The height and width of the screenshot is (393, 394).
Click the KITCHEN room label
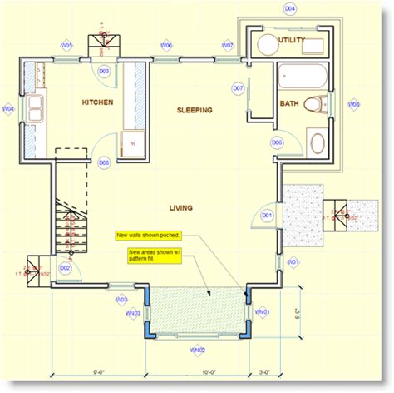tap(97, 102)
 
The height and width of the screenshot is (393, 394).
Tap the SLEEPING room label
tap(195, 110)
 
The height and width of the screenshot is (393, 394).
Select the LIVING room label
tap(181, 208)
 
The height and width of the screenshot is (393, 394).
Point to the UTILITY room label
tap(292, 40)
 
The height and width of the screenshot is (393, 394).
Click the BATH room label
tap(289, 104)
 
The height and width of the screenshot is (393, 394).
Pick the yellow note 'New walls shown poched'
tap(149, 236)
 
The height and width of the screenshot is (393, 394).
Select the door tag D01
tap(268, 216)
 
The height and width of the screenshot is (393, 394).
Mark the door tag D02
tap(65, 268)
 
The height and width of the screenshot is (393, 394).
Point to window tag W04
tap(8, 109)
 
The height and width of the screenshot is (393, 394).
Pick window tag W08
tap(353, 105)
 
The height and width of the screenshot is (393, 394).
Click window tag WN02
tap(198, 350)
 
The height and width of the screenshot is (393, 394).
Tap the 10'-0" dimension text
tap(198, 372)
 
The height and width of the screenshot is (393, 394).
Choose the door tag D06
tap(277, 142)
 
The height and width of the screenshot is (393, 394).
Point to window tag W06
tap(166, 45)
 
